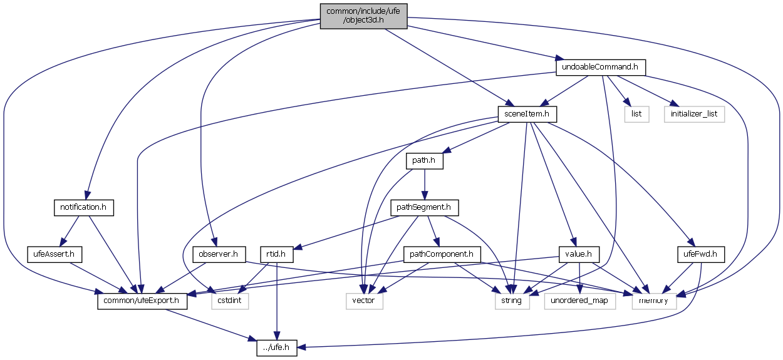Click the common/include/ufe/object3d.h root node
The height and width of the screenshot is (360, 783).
363,16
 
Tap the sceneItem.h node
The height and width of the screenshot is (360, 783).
527,114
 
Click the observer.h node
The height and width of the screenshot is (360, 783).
218,254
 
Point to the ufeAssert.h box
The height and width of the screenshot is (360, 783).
54,254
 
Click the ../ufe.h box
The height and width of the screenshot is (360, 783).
276,348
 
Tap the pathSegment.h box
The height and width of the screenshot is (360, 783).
425,207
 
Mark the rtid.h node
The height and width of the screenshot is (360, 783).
276,254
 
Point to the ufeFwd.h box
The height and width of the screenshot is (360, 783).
701,254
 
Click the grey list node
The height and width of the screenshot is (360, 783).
636,114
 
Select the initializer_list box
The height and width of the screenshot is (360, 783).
694,114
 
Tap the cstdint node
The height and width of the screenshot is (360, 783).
228,301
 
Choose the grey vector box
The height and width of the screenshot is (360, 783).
364,301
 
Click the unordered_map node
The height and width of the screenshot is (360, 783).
579,301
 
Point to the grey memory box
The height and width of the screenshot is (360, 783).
654,301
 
